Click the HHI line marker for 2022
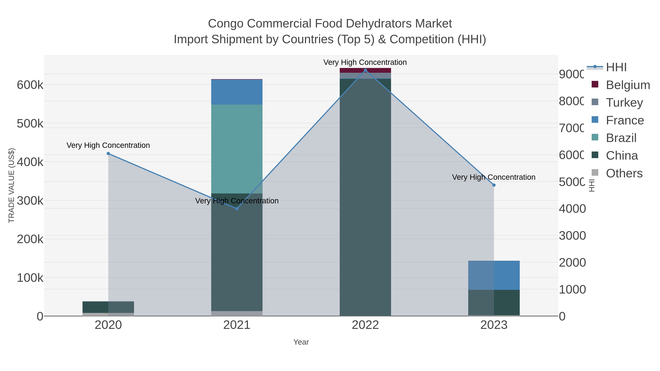[365, 70]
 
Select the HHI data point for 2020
[108, 154]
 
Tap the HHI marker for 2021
[237, 209]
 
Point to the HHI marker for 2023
[494, 185]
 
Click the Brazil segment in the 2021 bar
[237, 149]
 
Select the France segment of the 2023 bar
[494, 275]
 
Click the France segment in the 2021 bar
[237, 92]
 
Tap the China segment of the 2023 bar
[494, 302]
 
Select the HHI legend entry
[616, 67]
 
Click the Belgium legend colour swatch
[595, 84]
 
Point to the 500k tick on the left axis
[30, 124]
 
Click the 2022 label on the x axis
[365, 325]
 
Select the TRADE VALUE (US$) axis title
[12, 185]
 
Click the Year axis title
[301, 342]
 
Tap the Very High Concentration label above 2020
[108, 145]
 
